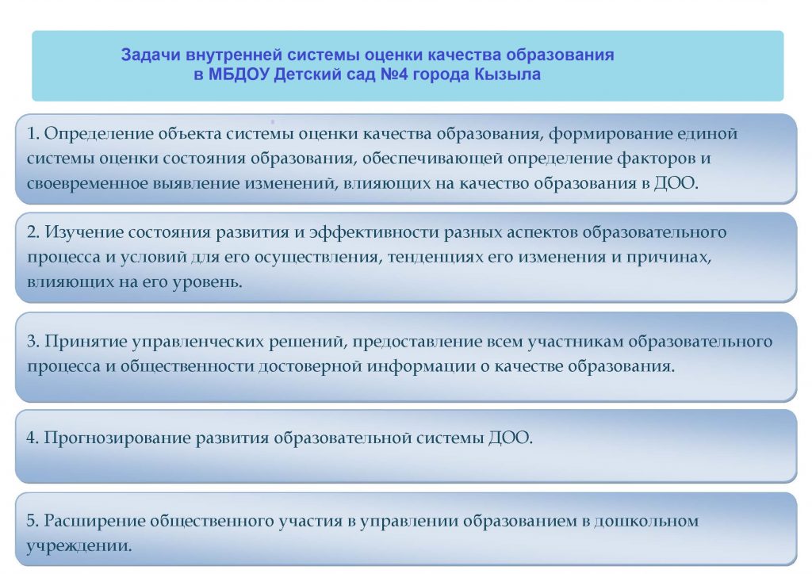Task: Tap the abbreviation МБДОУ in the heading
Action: (x=239, y=75)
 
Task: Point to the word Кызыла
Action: (x=507, y=75)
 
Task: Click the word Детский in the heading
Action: (x=305, y=75)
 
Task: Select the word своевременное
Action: (x=87, y=184)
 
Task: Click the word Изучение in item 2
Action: (x=84, y=232)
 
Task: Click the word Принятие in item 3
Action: (x=86, y=342)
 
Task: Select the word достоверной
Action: (x=310, y=367)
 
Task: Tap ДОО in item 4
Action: (x=510, y=438)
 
